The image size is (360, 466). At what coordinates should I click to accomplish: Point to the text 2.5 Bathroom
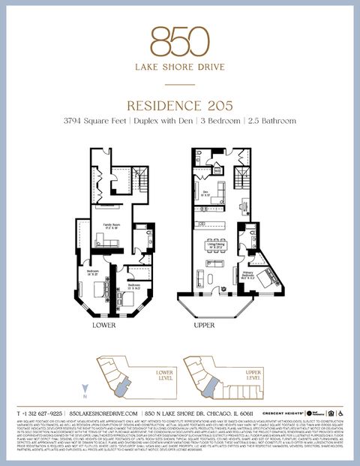[270, 121]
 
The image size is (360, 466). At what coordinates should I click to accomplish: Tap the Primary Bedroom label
[247, 275]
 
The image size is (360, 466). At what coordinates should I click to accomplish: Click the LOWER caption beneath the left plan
[103, 326]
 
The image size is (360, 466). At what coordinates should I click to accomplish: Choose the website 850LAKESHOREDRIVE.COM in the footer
[104, 413]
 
